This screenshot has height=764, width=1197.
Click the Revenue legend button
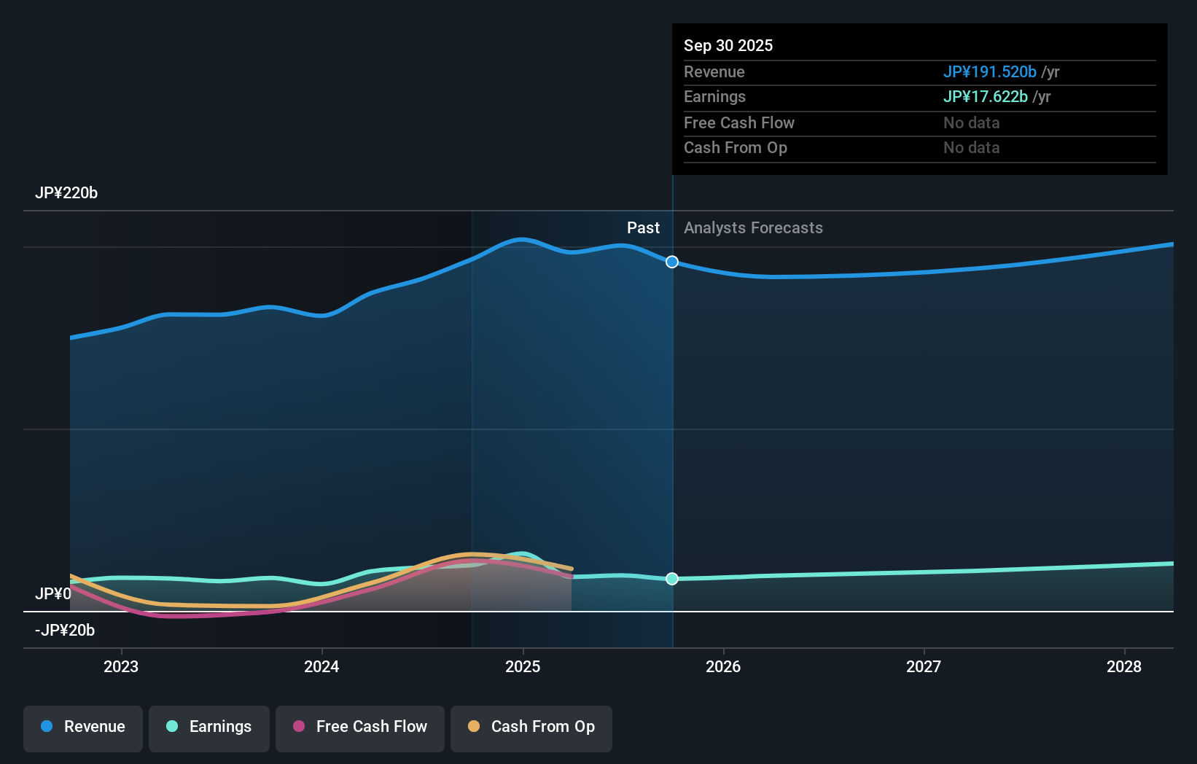coord(83,727)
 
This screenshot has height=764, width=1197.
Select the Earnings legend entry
coord(209,727)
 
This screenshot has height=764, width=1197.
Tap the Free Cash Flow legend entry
coord(360,727)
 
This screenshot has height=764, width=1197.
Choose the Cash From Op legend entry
coord(531,727)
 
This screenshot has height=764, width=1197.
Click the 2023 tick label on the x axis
coord(121,666)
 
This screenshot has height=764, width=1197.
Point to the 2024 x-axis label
coord(321,666)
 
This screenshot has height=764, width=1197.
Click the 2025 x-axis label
coord(523,666)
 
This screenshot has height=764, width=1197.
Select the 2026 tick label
coord(723,666)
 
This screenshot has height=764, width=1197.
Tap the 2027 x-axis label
coord(924,666)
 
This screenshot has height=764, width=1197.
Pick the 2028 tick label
coord(1124,666)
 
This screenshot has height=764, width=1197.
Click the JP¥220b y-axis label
coord(66,193)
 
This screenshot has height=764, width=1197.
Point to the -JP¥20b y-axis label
coord(65,631)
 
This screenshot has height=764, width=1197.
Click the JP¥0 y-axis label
coord(53,594)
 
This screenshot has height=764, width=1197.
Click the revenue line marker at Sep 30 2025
coord(672,262)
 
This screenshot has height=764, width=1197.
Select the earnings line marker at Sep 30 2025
coord(672,579)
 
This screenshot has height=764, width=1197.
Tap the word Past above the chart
coord(643,228)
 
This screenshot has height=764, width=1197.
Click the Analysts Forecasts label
coord(753,228)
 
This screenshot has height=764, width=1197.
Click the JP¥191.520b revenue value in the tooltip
coord(989,72)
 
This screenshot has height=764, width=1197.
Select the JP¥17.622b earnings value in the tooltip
coord(985,97)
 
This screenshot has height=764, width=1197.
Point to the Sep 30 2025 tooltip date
coord(728,46)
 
